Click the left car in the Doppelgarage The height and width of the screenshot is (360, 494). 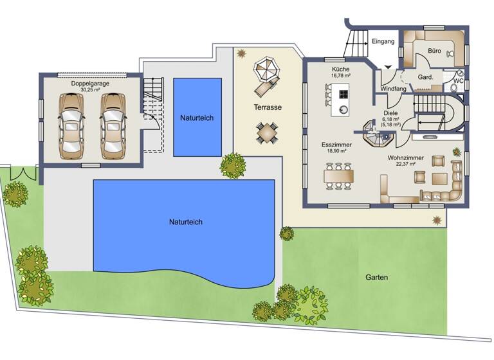[x=70, y=125]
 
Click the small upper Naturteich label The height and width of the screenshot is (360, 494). [x=197, y=118]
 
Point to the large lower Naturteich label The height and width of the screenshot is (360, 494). [x=185, y=222]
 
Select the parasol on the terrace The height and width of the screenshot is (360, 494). [x=264, y=68]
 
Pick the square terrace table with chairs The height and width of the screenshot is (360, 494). [x=267, y=133]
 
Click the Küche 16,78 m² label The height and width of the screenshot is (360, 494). [x=340, y=71]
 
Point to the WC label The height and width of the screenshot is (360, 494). [x=459, y=81]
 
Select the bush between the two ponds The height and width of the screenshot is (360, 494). [x=232, y=165]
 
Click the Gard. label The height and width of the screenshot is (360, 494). [x=425, y=76]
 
